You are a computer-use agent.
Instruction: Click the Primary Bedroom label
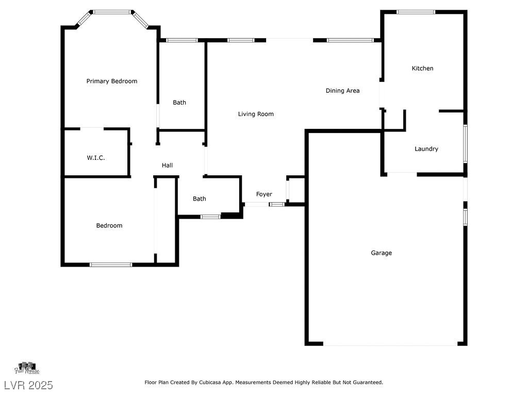112,81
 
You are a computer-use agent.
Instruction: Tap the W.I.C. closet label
96,158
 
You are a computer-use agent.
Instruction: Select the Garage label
382,253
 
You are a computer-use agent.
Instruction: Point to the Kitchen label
422,68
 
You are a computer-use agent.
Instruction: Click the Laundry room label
426,149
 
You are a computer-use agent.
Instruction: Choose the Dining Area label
343,91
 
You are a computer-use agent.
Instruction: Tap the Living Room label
256,114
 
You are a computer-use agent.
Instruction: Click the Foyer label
264,194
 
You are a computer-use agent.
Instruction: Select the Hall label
167,166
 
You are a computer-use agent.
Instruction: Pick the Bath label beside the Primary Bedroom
179,103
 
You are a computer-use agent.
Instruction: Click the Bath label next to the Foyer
200,199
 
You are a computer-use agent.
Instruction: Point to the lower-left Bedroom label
109,225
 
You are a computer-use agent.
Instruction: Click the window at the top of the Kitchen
416,12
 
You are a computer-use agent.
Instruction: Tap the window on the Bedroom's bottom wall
111,265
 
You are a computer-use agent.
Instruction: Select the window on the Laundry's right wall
465,144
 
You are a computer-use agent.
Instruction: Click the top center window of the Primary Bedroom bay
112,11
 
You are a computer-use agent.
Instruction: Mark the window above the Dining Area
350,40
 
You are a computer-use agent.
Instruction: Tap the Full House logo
27,368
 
